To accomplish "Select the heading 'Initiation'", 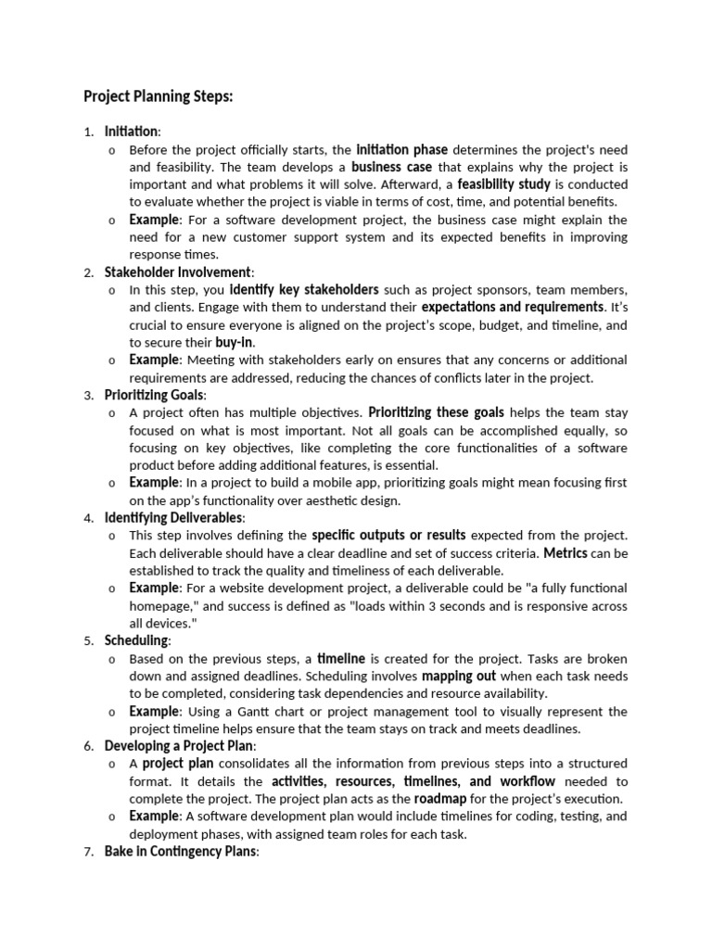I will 132,132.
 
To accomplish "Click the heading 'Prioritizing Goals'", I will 154,395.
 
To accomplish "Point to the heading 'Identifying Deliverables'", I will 173,517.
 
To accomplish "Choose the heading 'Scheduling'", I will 136,640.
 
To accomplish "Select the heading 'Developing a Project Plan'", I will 179,745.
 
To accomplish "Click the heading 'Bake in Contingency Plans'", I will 179,851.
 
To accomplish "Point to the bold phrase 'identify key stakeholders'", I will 304,289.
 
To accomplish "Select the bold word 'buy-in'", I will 233,342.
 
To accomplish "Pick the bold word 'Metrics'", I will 565,553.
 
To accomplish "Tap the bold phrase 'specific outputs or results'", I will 388,535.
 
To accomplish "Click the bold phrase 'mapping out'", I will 486,676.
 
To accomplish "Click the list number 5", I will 88,641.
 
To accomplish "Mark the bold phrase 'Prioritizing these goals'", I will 435,411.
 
